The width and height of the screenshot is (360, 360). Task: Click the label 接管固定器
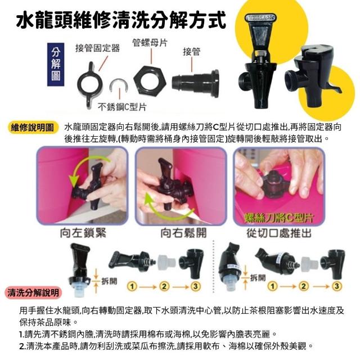point(97,48)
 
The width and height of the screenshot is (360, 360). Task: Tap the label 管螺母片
point(150,43)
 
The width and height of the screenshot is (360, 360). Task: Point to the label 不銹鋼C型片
point(122,107)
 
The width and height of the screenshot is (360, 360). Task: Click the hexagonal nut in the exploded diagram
point(150,81)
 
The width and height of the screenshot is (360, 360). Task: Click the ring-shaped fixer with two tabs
point(90,84)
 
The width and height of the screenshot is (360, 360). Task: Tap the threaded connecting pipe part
point(195,83)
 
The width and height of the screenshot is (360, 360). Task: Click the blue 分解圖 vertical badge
point(56,65)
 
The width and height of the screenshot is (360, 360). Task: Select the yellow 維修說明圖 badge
point(33,128)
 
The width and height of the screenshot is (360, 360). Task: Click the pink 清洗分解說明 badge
point(33,292)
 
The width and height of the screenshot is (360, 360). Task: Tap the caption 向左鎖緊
point(83,232)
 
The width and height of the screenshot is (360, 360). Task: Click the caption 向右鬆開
point(183,232)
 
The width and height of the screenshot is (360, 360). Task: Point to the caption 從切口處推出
point(279,233)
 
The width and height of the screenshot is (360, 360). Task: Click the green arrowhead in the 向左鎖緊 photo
point(74,181)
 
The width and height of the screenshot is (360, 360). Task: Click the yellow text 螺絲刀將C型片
point(278,218)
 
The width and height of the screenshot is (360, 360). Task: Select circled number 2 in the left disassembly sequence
point(164,286)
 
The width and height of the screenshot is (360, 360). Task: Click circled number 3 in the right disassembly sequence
point(336,286)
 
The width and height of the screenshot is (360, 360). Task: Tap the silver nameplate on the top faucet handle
point(260,17)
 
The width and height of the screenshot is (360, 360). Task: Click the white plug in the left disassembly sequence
point(166,262)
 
